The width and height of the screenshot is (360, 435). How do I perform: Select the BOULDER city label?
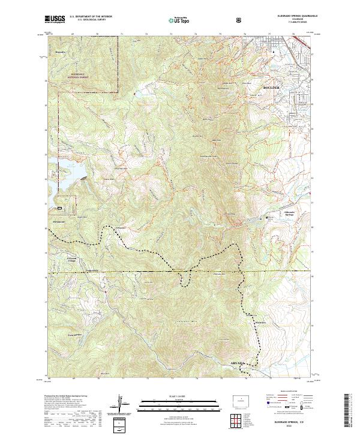(x=271, y=88)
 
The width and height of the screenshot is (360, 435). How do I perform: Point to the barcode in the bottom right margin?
(x=352, y=408)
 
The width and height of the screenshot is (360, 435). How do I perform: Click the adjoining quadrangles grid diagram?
(x=238, y=419)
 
